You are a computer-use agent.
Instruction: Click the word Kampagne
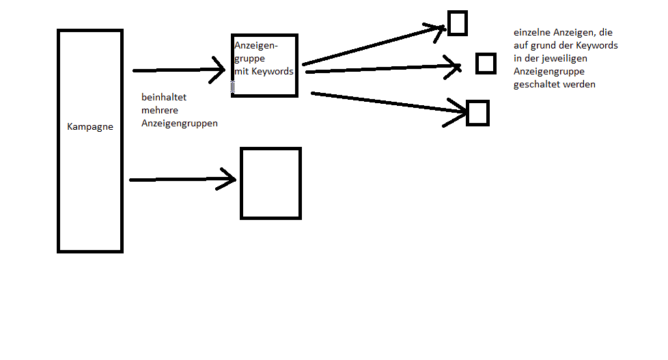point(90,126)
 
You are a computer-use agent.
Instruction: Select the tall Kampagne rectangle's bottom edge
point(90,251)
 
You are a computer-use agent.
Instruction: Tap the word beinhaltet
point(164,97)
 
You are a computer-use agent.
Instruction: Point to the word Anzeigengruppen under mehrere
point(180,123)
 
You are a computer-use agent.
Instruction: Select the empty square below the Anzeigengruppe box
point(270,183)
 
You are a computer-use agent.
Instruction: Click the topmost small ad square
point(457,23)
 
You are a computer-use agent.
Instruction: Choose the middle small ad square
point(486,63)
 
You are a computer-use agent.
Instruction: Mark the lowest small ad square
point(477,113)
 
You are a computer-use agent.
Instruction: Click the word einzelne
point(531,32)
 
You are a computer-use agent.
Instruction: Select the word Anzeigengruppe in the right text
point(549,71)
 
